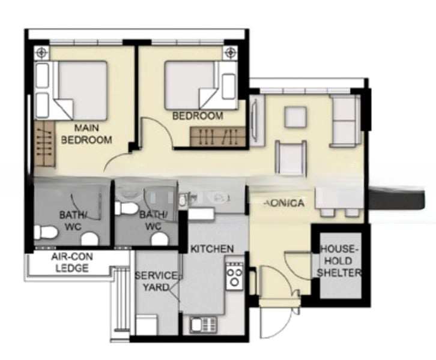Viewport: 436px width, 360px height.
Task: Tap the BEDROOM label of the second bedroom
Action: [x=198, y=116]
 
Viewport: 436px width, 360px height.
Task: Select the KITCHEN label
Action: [x=212, y=248]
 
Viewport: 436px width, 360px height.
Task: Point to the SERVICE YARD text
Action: [x=156, y=281]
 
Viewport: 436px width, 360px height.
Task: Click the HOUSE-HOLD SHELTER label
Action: [x=340, y=261]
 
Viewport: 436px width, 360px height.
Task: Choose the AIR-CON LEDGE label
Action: [x=72, y=262]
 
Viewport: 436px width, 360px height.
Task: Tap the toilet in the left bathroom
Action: [x=44, y=231]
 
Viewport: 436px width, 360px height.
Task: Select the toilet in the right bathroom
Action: [x=127, y=208]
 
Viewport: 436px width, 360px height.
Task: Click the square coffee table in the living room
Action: [x=295, y=117]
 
